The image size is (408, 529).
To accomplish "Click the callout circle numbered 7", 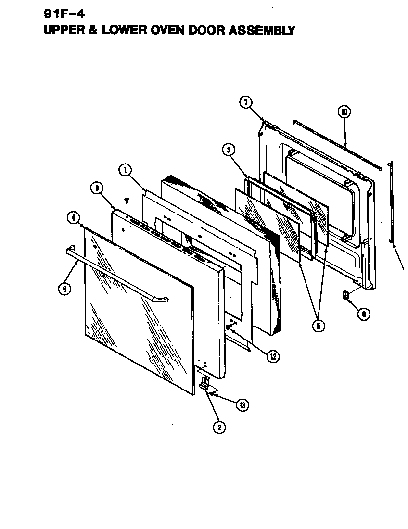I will [x=245, y=102].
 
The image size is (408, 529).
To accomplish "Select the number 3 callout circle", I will [x=229, y=149].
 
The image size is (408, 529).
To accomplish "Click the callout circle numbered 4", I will [x=73, y=218].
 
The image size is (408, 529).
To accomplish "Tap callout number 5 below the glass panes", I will [x=318, y=326].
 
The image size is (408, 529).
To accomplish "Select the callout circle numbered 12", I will [x=273, y=356].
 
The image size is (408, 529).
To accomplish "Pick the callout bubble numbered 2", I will [x=219, y=427].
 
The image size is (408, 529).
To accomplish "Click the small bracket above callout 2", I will [x=204, y=383].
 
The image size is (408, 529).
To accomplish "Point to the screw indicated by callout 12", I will [x=229, y=327].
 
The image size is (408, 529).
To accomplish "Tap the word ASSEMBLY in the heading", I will [x=262, y=31].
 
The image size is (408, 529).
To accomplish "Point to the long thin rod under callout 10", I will [x=337, y=144].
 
